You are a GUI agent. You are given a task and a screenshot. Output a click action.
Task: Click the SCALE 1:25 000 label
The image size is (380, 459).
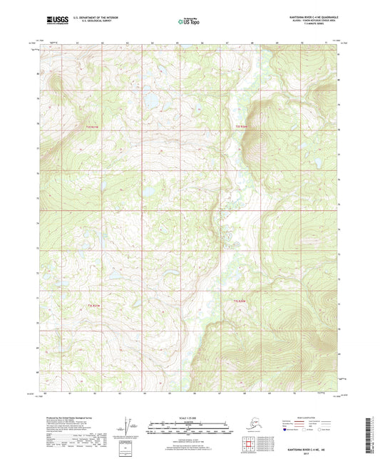pyautogui.click(x=189, y=414)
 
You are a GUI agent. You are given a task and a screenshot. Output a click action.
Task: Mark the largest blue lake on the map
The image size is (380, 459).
pyautogui.click(x=151, y=103)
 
